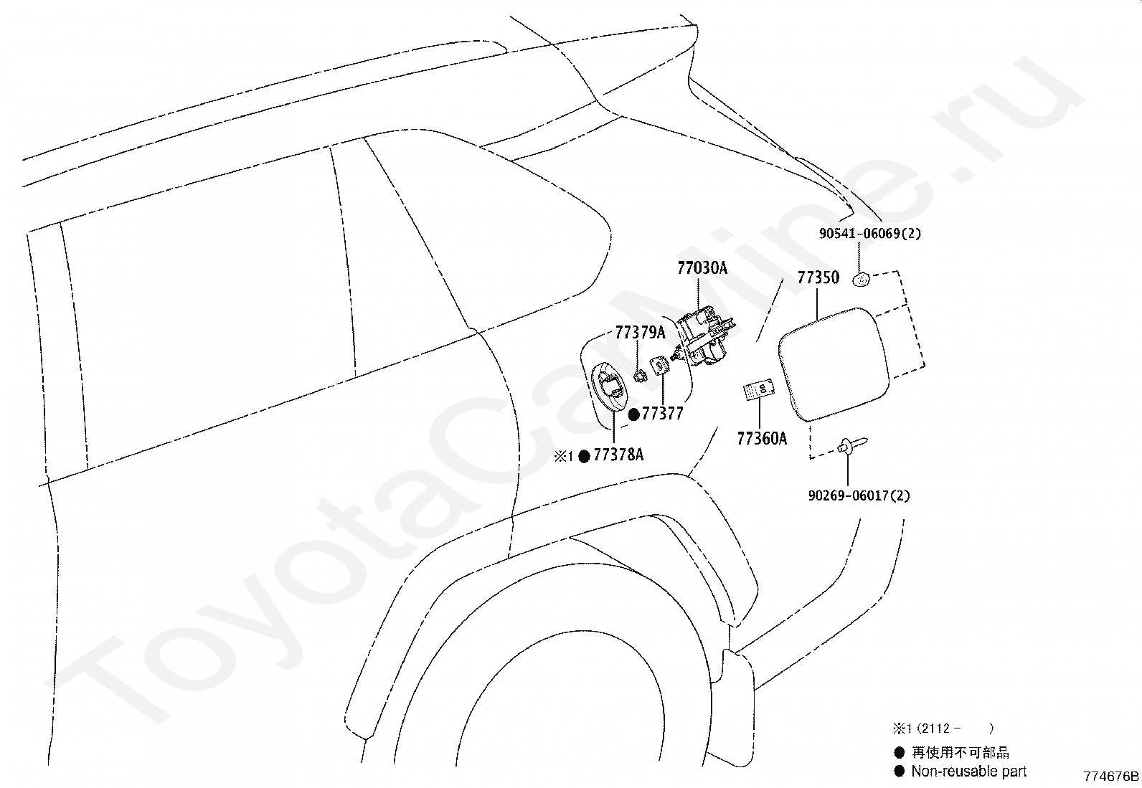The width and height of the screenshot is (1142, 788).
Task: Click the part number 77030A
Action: click(702, 268)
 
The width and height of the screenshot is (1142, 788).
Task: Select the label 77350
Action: click(818, 277)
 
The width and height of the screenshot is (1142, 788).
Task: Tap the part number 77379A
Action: click(640, 333)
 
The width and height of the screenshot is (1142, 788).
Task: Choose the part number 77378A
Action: click(618, 455)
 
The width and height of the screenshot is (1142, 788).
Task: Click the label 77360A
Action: click(762, 439)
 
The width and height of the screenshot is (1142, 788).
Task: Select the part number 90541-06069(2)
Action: click(870, 234)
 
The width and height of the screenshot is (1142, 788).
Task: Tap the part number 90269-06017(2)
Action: click(859, 495)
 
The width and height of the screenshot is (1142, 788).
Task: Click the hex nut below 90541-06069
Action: click(861, 280)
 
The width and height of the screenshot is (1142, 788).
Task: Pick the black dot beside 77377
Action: click(634, 414)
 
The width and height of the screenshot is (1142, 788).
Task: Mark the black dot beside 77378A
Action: click(584, 455)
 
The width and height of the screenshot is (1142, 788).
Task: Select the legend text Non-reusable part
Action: click(968, 772)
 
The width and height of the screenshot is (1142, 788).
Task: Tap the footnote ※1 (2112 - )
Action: click(943, 728)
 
